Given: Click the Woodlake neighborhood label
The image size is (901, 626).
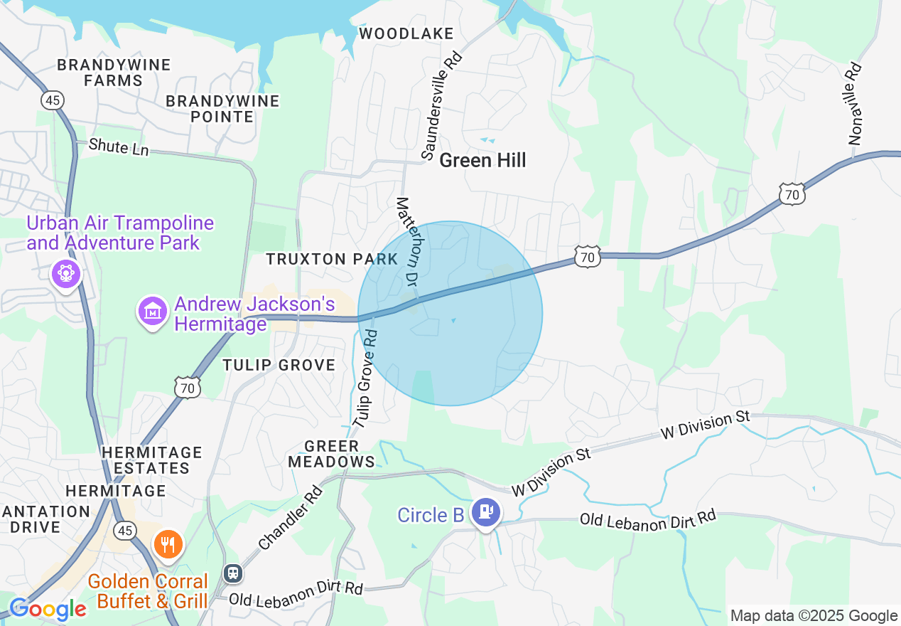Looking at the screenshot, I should (x=406, y=33).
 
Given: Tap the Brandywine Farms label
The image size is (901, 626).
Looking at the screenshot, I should (x=114, y=73).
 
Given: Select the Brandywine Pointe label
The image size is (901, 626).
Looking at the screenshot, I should (x=222, y=109).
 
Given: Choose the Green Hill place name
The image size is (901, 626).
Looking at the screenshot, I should (x=482, y=160).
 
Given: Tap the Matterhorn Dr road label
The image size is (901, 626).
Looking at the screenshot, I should (x=409, y=242).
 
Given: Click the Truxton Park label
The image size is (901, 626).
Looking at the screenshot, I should (x=332, y=259).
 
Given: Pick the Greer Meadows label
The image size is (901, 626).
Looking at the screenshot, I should (x=332, y=454).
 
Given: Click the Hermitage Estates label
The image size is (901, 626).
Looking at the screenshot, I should (x=151, y=460).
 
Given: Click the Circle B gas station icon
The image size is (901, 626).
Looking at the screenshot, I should (x=486, y=512).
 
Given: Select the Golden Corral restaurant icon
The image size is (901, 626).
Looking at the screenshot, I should (x=168, y=545).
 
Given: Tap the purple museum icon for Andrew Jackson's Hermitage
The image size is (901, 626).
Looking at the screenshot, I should (x=152, y=310).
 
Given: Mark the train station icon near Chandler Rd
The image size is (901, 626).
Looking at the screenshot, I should (x=232, y=573).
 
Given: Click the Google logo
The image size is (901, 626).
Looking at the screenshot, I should (x=48, y=609).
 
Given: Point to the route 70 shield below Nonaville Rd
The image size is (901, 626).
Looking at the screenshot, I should (x=791, y=193).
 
